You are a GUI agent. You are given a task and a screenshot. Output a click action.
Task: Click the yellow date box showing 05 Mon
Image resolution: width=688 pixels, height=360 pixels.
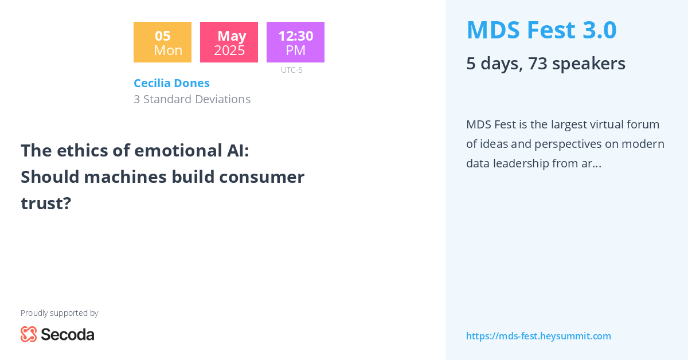point(162,42)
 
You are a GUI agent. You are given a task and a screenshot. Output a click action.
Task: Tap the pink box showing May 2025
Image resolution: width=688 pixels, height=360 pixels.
point(229,42)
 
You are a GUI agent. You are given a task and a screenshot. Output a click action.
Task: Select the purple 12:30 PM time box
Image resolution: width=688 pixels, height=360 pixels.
point(295,42)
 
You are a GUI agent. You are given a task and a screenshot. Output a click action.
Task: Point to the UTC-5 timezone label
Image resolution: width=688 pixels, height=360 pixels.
point(291,70)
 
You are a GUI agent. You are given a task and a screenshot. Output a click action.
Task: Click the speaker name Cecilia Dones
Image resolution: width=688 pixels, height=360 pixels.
point(171,83)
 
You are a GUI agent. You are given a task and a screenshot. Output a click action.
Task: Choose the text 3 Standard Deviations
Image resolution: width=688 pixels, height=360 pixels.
point(192,99)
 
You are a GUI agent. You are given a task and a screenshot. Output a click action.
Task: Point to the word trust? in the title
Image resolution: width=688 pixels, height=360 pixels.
point(46,203)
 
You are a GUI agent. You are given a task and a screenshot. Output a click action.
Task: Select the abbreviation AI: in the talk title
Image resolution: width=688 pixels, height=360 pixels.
point(234,150)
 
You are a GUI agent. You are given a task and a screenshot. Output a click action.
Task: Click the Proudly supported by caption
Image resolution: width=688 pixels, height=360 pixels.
point(59,313)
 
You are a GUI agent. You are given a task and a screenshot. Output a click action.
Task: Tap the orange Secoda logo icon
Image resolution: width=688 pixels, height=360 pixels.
point(29,334)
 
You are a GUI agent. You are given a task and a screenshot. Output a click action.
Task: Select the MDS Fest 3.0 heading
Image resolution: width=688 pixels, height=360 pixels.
point(541,30)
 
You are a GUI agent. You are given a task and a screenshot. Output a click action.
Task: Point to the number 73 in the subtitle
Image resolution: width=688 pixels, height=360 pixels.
point(538,63)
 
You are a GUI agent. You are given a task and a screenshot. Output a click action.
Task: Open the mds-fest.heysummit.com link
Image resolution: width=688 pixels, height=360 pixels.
point(538,336)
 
